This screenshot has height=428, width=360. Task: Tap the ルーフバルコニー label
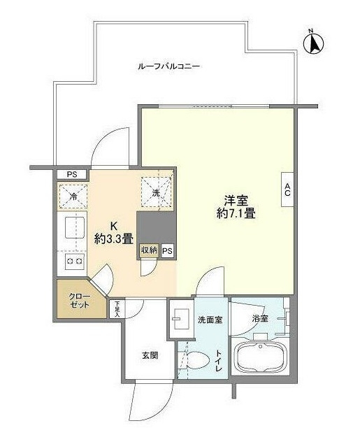168,66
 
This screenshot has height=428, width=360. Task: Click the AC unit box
287,189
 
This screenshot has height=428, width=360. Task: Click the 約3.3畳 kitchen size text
113,238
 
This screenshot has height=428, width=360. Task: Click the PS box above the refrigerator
71,174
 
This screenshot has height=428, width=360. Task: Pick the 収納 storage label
149,250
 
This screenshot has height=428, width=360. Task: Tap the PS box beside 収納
168,250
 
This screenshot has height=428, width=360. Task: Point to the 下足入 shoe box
117,308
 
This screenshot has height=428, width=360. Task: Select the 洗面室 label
209,320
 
